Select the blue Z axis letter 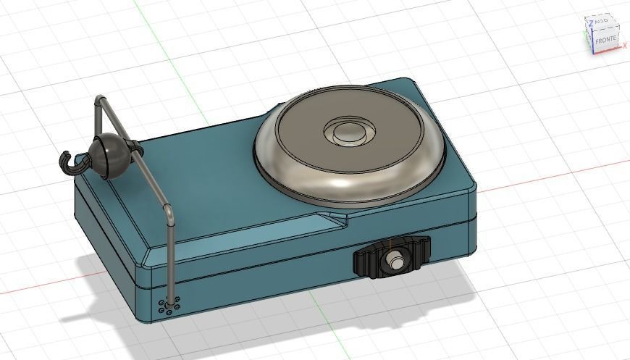pos(592,22)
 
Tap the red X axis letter pos(625,45)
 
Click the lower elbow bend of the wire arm pos(169,212)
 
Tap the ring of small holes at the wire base pos(169,307)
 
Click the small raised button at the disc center pos(348,133)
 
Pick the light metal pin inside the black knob pos(395,259)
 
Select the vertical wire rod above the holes pos(171,261)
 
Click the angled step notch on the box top pos(335,218)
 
